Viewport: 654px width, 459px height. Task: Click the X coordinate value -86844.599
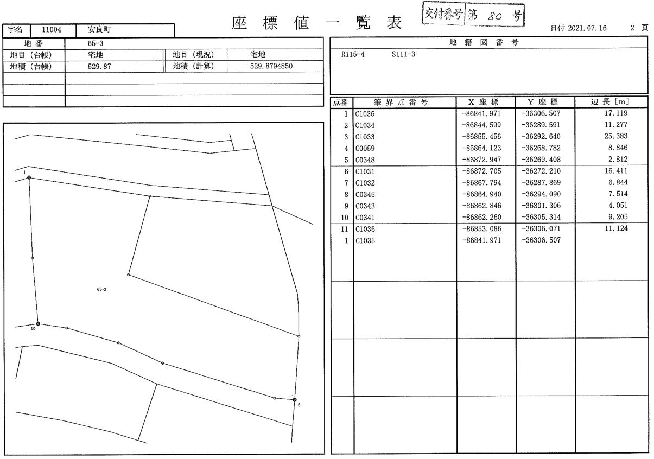(481, 125)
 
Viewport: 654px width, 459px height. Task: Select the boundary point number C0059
(365, 148)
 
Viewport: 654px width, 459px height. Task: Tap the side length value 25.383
(616, 136)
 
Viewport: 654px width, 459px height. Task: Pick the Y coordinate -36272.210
(541, 171)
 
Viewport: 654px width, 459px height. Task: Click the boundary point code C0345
(365, 194)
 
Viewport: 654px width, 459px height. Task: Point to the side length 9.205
(618, 217)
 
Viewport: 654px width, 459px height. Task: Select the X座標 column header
(484, 102)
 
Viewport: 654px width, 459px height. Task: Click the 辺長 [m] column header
(609, 101)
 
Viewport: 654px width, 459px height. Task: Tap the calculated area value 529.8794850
(271, 66)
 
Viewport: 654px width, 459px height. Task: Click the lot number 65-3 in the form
(95, 43)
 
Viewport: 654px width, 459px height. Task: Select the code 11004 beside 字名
(52, 30)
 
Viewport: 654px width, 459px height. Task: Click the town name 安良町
(99, 29)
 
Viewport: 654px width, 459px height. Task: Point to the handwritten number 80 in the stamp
(494, 16)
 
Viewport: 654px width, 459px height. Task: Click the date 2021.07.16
(587, 28)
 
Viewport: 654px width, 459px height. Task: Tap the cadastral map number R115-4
(353, 54)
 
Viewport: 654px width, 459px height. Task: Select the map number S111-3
(403, 54)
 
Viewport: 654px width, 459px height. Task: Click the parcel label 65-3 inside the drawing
(101, 289)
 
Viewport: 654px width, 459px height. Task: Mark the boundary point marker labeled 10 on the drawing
(38, 324)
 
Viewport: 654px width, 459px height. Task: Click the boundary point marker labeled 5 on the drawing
(295, 400)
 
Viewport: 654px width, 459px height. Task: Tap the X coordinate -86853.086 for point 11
(481, 229)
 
